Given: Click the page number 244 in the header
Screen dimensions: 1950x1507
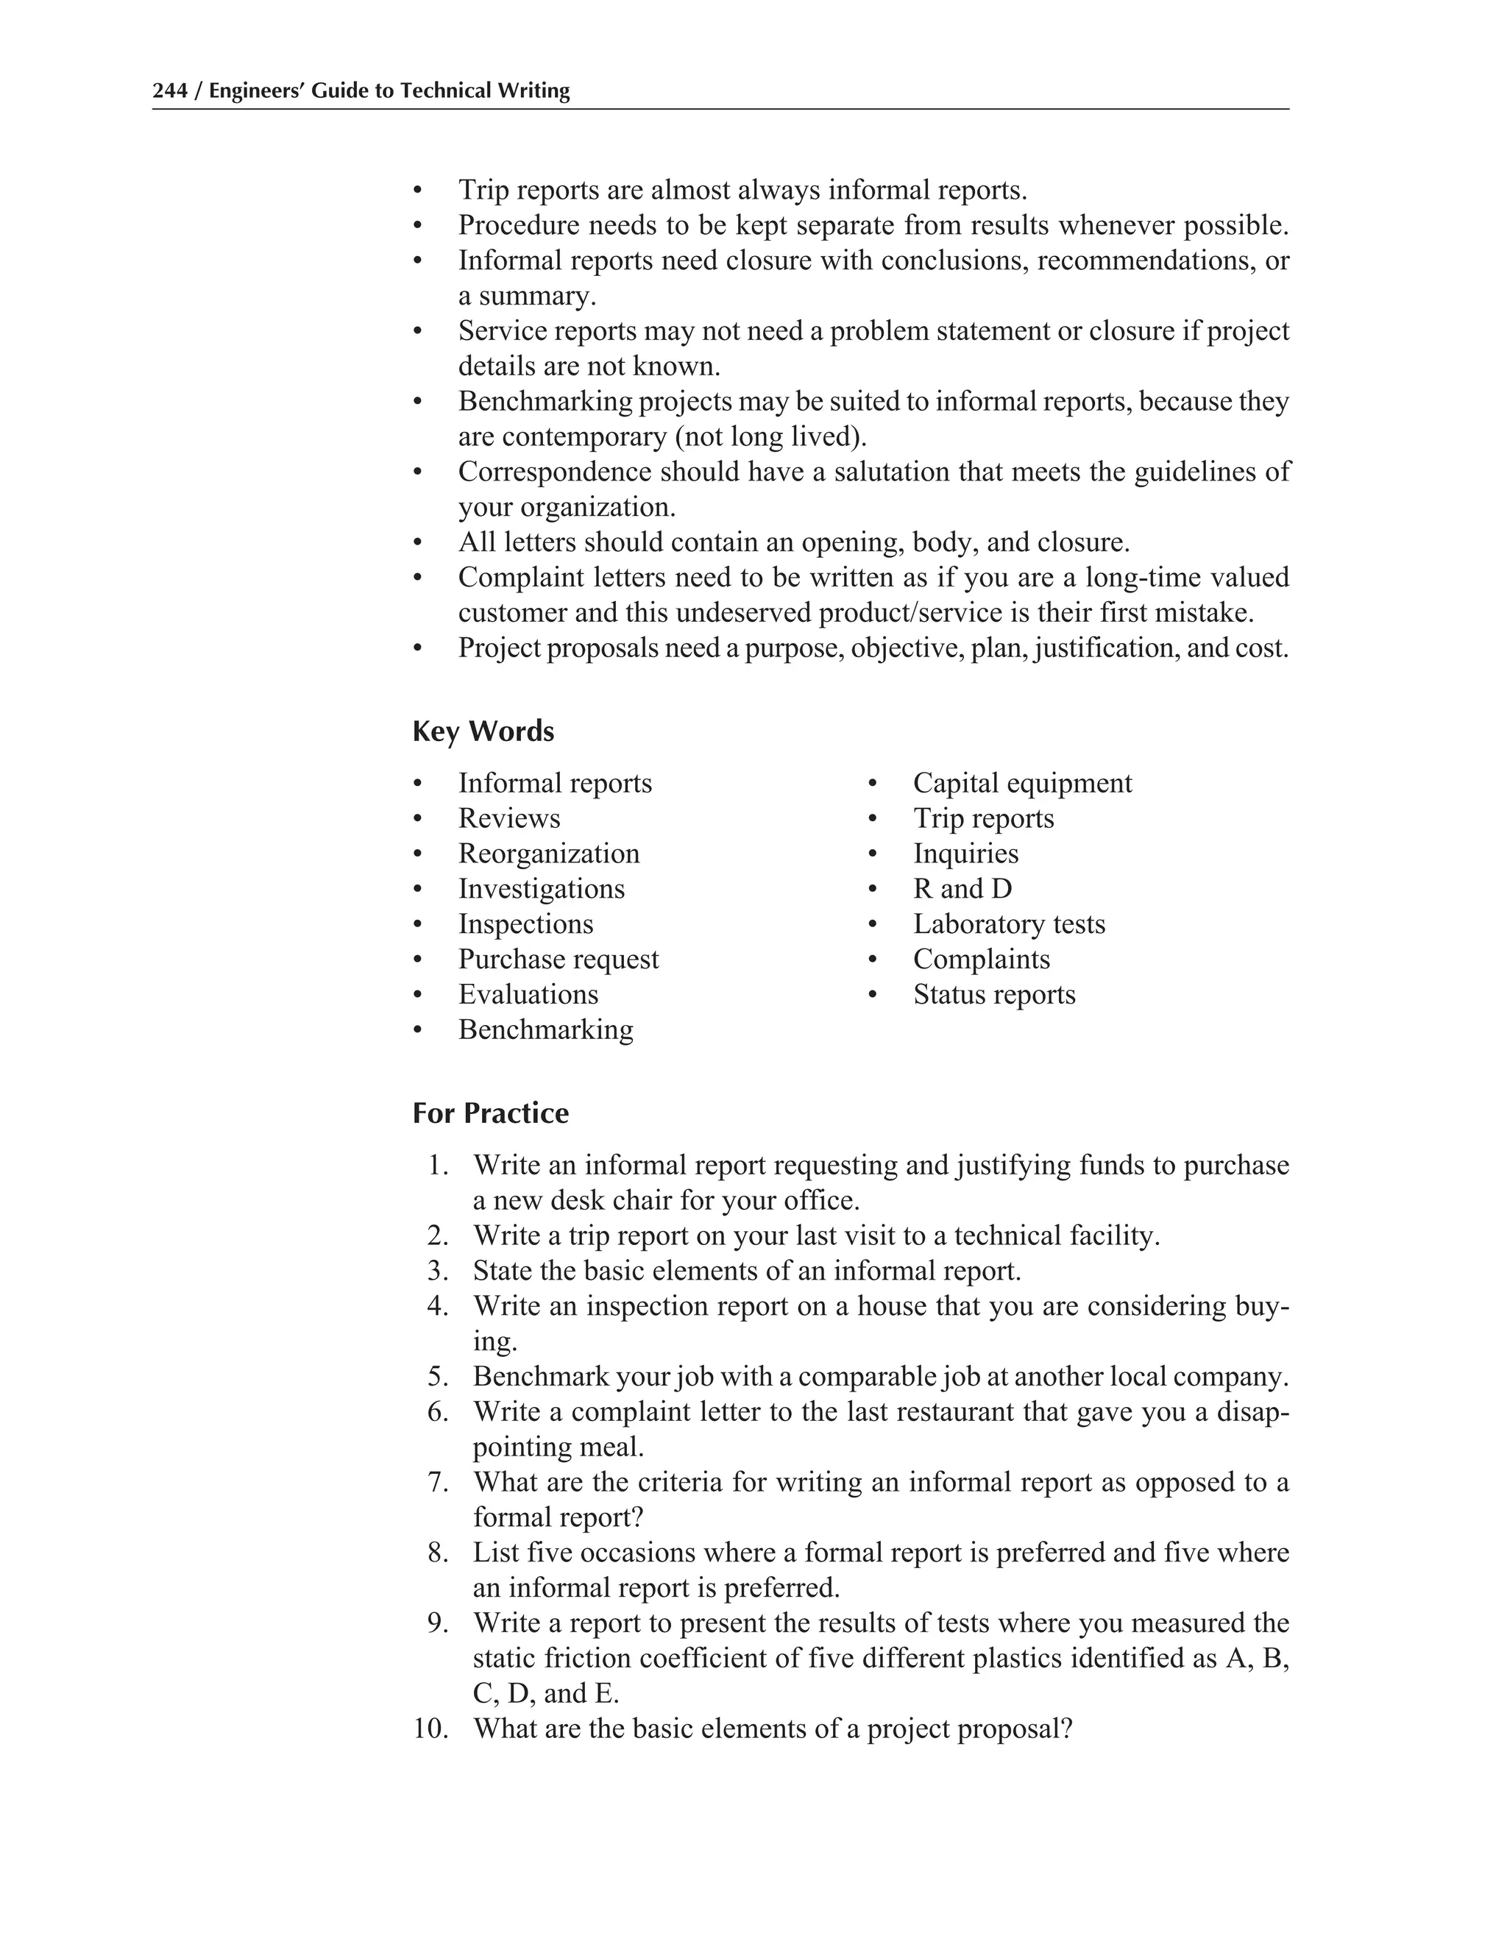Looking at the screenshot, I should [169, 91].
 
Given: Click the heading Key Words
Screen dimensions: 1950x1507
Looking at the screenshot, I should [483, 731].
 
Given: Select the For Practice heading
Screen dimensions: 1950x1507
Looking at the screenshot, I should [490, 1113].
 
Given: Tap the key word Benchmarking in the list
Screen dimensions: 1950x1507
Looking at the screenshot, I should [545, 1029].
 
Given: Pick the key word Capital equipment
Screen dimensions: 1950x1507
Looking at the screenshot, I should [1022, 783].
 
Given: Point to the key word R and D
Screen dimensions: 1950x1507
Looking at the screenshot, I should [962, 888].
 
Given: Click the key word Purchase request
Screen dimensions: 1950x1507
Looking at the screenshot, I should [558, 959].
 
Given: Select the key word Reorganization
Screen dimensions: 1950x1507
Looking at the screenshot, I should [549, 854].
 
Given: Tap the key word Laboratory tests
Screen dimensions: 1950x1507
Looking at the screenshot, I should [1009, 924].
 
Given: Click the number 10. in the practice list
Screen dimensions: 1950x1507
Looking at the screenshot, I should [430, 1729].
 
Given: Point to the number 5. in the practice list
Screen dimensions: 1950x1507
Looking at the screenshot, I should [438, 1376].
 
